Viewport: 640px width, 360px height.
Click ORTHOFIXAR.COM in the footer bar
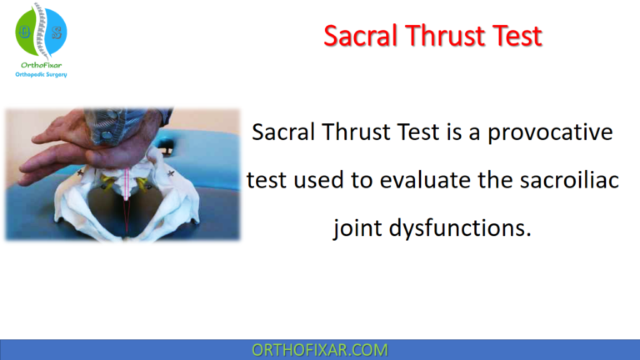[319, 349]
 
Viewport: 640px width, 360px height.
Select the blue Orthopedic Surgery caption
[41, 74]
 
